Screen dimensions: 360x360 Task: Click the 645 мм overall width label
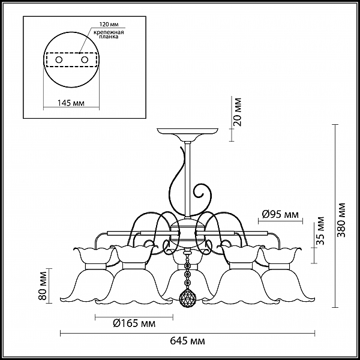187,341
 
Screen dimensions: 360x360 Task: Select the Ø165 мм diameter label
134,323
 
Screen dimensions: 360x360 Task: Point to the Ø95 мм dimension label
280,214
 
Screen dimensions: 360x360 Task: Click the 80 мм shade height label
43,286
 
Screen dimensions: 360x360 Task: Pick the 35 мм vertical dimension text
320,231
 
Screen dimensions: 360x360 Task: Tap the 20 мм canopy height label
238,112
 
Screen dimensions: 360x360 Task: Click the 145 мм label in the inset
71,103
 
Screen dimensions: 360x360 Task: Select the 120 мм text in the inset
109,24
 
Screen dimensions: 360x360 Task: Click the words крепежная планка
109,34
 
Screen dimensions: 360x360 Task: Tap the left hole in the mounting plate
59,60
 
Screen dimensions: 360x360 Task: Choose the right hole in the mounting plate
85,60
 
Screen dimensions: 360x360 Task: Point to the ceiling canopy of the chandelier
187,135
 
